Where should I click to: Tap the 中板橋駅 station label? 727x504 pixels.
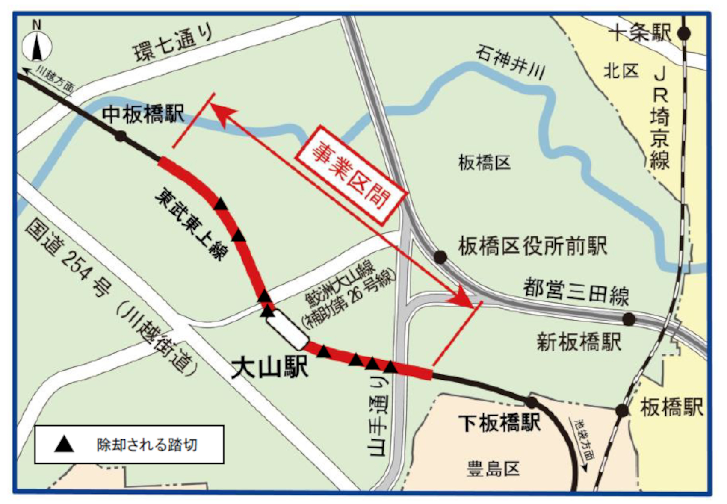point(143,114)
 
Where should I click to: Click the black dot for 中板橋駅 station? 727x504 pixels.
point(121,136)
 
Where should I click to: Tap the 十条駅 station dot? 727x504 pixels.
point(684,33)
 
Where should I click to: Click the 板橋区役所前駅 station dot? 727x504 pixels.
point(440,257)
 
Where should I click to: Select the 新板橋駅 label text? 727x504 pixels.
point(579,342)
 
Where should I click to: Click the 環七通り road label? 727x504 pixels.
point(173,43)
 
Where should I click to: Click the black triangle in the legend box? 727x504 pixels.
point(64,445)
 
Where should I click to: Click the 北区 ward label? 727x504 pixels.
point(621,71)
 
